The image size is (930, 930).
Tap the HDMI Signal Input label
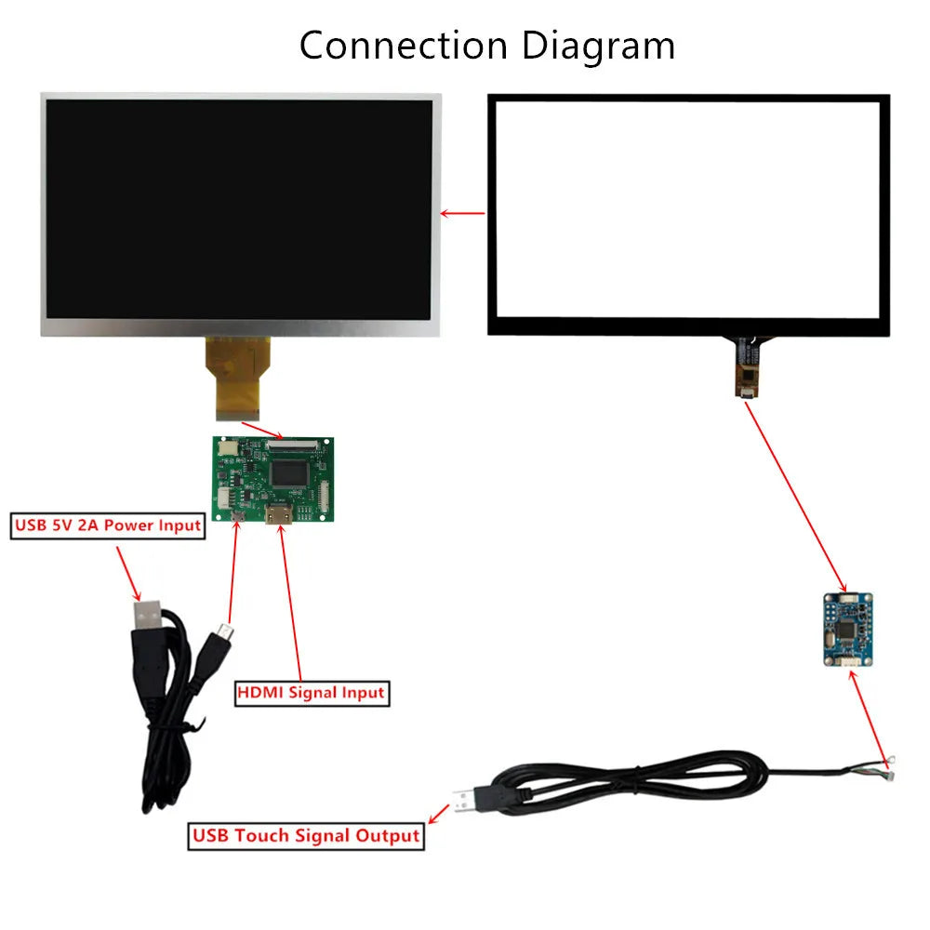coord(311,693)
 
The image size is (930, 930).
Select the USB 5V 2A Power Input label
coord(107,525)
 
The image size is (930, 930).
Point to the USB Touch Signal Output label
coord(306,835)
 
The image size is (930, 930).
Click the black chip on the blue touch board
coord(846,630)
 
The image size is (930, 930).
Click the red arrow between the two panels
coord(462,213)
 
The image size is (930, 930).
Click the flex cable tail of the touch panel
coord(747,366)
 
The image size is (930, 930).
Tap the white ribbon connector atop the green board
coord(291,445)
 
